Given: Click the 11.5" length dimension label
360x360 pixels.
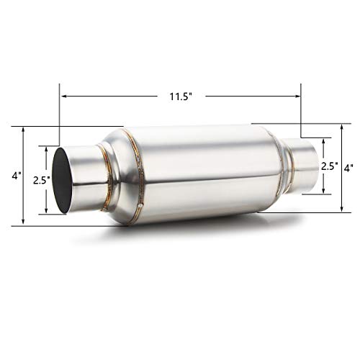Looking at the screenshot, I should pos(179,94).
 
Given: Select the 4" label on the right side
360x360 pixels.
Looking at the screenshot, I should pos(348,167).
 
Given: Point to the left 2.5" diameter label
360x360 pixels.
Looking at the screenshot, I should pos(40,181).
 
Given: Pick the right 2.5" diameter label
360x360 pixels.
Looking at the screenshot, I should pos(330,166).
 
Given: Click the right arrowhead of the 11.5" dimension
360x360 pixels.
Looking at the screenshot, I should pos(299,94).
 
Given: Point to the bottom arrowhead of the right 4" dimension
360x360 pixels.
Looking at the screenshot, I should pos(341,210).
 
